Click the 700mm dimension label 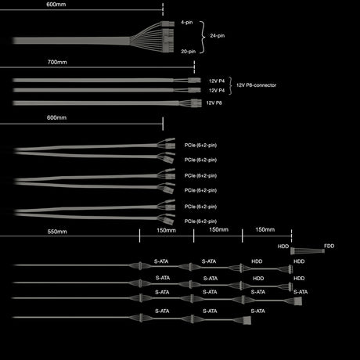click(57, 62)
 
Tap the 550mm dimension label click(57, 232)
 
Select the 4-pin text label click(187, 23)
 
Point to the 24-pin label click(218, 35)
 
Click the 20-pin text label click(189, 52)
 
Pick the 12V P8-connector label click(256, 85)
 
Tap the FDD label click(329, 246)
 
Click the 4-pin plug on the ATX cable click(167, 24)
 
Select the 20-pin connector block click(168, 41)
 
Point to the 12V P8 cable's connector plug click(196, 103)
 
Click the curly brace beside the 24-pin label click(203, 38)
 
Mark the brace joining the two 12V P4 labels click(230, 85)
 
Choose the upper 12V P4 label click(217, 81)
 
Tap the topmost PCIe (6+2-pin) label click(200, 145)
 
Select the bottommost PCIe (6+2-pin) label click(200, 221)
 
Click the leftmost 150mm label click(166, 230)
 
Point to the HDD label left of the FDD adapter click(283, 247)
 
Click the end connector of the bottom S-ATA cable click(247, 320)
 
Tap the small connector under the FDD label click(323, 251)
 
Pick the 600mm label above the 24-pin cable click(56, 5)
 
